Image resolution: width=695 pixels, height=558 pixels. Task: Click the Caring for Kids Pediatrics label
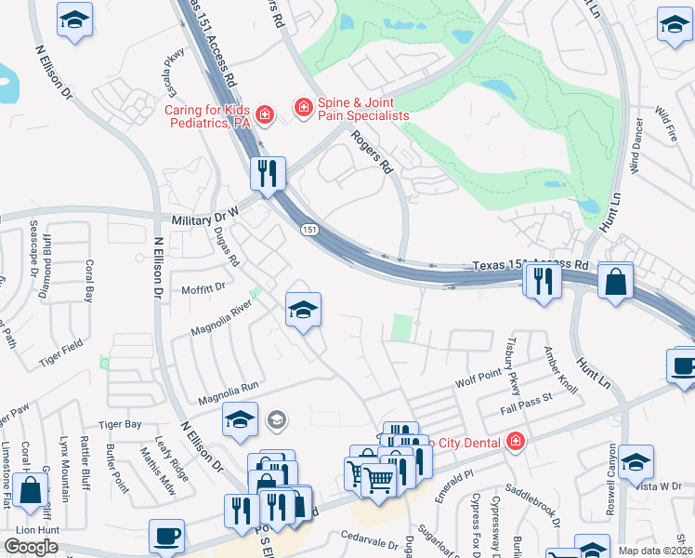click(209, 116)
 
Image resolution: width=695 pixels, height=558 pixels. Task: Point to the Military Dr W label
click(205, 215)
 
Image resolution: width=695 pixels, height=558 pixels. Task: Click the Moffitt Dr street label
click(203, 288)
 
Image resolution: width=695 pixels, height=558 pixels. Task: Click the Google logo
click(32, 547)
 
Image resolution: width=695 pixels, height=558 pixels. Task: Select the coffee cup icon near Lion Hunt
click(167, 536)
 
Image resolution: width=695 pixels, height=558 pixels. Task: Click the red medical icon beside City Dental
click(515, 443)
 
